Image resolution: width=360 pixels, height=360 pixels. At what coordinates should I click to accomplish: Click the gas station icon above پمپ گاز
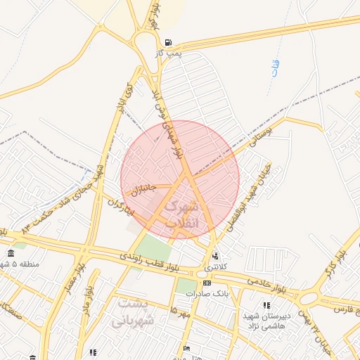(x=167, y=43)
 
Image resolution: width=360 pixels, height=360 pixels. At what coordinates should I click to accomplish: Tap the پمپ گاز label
(x=169, y=53)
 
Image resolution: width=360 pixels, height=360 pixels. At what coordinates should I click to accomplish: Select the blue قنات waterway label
(x=274, y=69)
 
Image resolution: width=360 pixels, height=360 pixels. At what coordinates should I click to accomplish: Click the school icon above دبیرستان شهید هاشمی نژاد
(x=266, y=304)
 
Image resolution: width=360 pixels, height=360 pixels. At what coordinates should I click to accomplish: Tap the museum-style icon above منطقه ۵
(x=11, y=253)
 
